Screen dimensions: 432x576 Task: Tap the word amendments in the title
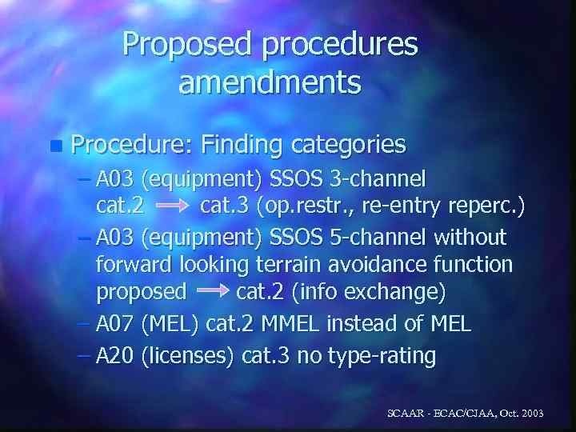tap(270, 82)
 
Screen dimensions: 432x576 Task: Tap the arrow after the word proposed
tap(212, 293)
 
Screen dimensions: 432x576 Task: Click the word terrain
tap(271, 265)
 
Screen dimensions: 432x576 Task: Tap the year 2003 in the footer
tap(528, 414)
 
